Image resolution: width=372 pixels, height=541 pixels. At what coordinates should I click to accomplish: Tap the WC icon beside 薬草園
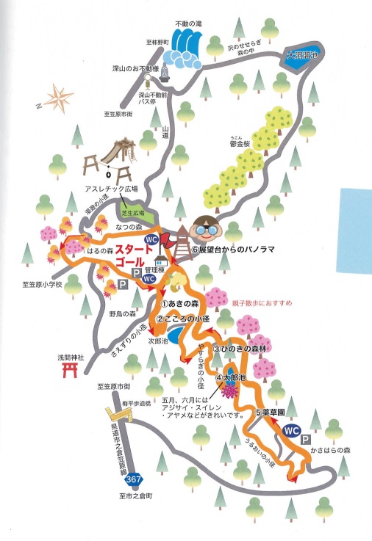292,431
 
